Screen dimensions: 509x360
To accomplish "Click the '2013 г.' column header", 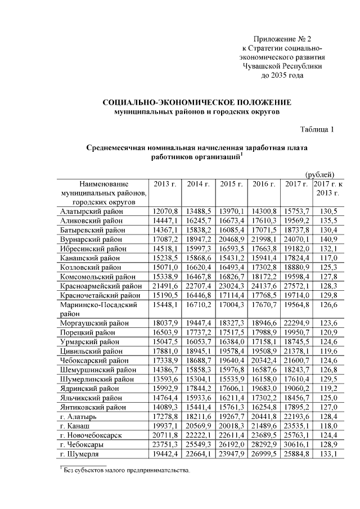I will pos(165,184).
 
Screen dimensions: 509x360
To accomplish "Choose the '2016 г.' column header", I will pos(263,184).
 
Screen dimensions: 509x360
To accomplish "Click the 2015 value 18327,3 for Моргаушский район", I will pos(231,323).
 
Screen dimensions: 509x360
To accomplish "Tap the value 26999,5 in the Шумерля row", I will pos(263,454).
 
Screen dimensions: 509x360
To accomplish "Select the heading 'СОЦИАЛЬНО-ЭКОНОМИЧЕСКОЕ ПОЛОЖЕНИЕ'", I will pos(197,103).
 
